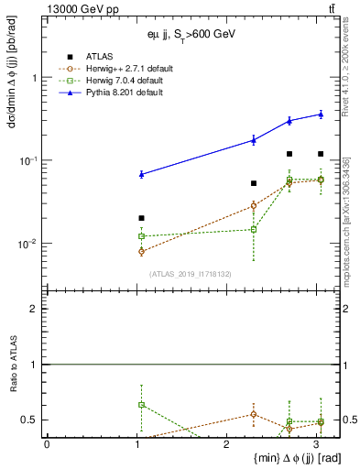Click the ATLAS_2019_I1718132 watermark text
[x=190, y=273]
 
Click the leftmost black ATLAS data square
[x=141, y=218]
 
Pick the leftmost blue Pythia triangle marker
[x=141, y=173]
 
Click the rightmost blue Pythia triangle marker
[x=320, y=114]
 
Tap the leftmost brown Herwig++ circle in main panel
[x=141, y=251]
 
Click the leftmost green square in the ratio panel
[x=141, y=404]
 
